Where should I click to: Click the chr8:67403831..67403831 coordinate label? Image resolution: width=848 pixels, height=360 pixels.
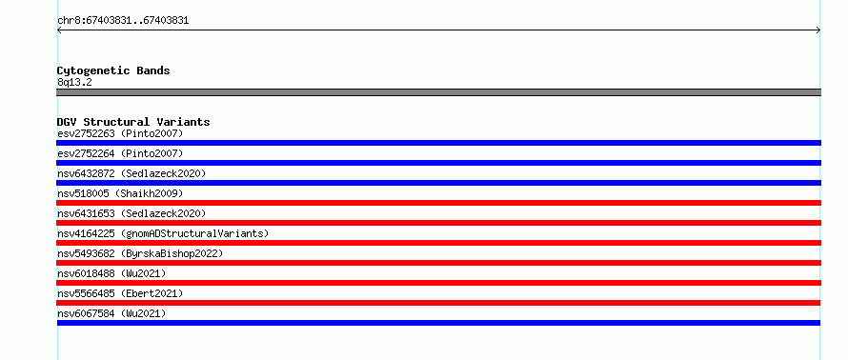pos(123,21)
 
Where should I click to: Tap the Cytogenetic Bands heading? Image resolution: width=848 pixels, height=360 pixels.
pos(113,70)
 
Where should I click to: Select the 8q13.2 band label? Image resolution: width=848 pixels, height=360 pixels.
pos(74,82)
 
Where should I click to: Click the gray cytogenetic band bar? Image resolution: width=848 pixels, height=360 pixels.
pos(438,92)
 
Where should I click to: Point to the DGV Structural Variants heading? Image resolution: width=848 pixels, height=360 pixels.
pos(133,122)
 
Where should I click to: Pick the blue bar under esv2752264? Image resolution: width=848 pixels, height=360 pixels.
pos(438,163)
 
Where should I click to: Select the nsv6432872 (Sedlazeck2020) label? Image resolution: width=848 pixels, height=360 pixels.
pos(131,173)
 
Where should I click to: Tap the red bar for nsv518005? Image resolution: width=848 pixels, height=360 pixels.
pos(438,203)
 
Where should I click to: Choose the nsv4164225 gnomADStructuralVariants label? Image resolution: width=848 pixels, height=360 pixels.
pos(163,233)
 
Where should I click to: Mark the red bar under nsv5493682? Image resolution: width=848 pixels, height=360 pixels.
pos(438,263)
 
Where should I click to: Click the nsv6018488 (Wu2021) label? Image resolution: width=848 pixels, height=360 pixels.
pos(111,273)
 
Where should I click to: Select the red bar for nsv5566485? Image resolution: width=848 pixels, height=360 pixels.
pos(438,303)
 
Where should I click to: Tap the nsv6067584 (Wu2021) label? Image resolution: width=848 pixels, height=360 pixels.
pos(111,313)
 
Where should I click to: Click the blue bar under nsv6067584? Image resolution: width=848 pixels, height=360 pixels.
pos(438,323)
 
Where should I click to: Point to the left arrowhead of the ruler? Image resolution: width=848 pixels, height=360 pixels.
pos(58,30)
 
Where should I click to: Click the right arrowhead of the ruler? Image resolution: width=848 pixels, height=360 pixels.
pos(819,30)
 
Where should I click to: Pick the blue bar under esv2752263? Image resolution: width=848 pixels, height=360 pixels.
pos(438,143)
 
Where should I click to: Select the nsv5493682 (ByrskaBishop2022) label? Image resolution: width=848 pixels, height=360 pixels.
pos(140,253)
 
